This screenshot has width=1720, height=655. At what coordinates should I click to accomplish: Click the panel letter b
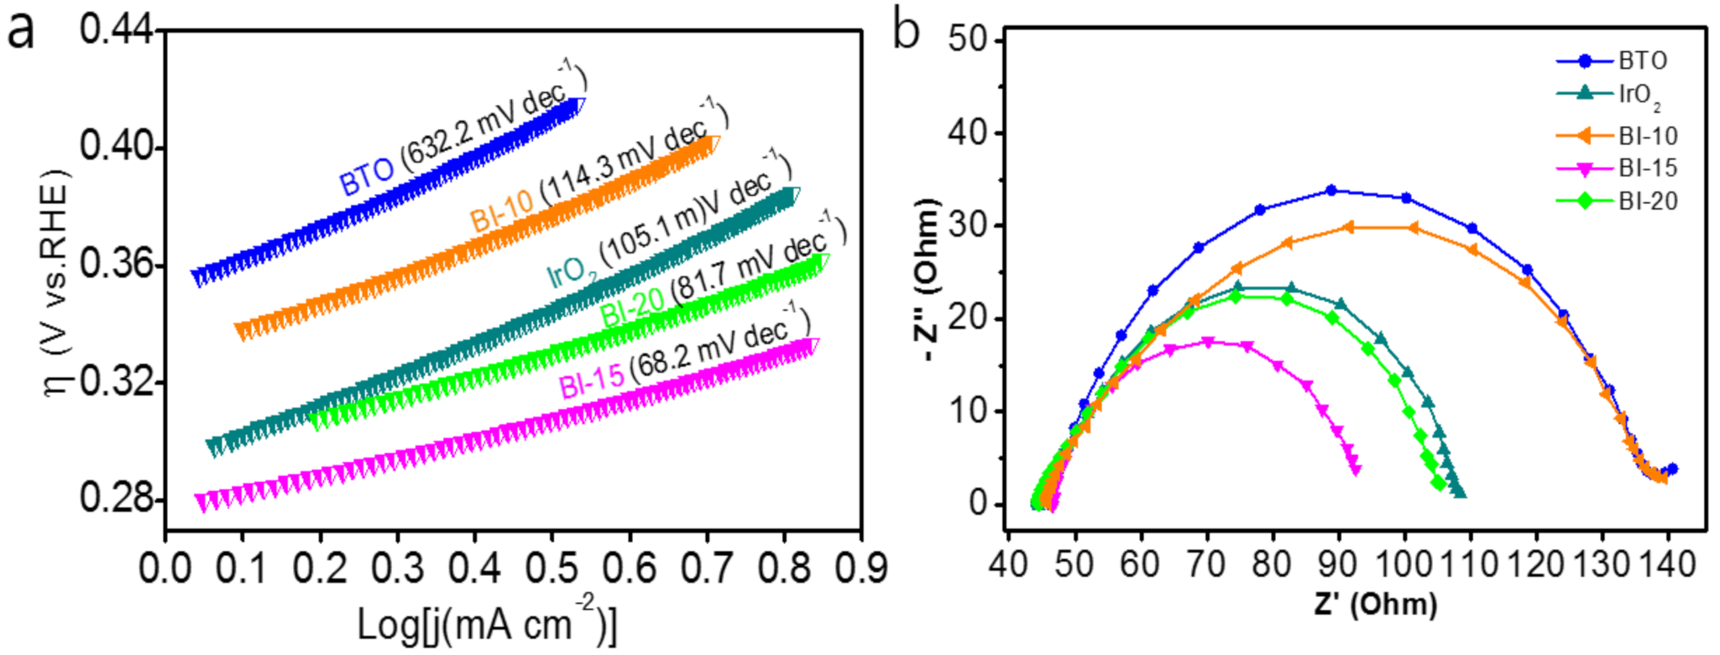[x=906, y=31]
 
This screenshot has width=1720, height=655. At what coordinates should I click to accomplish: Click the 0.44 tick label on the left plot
[x=117, y=31]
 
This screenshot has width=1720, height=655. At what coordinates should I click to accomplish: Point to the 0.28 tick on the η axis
[x=117, y=499]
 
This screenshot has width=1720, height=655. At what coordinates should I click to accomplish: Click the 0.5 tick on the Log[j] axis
[x=552, y=569]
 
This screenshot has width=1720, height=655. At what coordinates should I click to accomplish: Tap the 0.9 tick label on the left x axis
[x=860, y=569]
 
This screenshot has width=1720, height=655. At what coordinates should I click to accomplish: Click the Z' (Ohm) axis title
[x=1376, y=603]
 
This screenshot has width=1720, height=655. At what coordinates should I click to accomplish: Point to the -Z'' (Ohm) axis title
[x=927, y=281]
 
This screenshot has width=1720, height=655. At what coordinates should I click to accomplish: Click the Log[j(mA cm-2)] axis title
[x=487, y=623]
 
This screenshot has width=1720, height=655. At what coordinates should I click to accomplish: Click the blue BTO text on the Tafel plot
[x=366, y=177]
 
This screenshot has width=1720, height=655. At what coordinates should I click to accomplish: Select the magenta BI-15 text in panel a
[x=592, y=383]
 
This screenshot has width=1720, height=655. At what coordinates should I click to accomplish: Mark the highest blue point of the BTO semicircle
[x=1331, y=191]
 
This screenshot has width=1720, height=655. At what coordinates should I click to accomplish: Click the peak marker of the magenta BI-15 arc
[x=1208, y=342]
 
